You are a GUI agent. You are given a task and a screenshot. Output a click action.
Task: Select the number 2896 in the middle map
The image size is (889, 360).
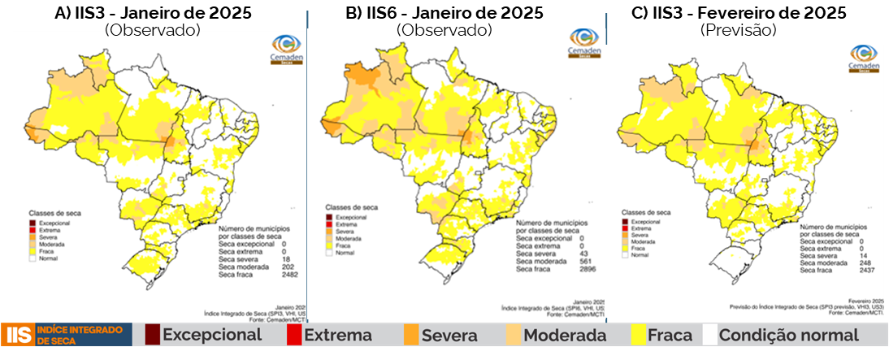585,267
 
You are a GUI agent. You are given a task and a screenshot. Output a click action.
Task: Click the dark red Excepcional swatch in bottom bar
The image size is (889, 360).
152,335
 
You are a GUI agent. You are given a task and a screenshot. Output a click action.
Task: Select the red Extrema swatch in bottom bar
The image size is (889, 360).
294,335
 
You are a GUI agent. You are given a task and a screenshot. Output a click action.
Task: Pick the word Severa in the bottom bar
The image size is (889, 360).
450,335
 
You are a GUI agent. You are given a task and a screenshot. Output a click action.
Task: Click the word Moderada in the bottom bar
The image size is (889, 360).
565,335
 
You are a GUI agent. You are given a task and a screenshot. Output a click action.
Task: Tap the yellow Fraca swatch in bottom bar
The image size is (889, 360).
639,335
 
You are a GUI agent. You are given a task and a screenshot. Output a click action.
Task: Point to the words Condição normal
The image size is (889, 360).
788,335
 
